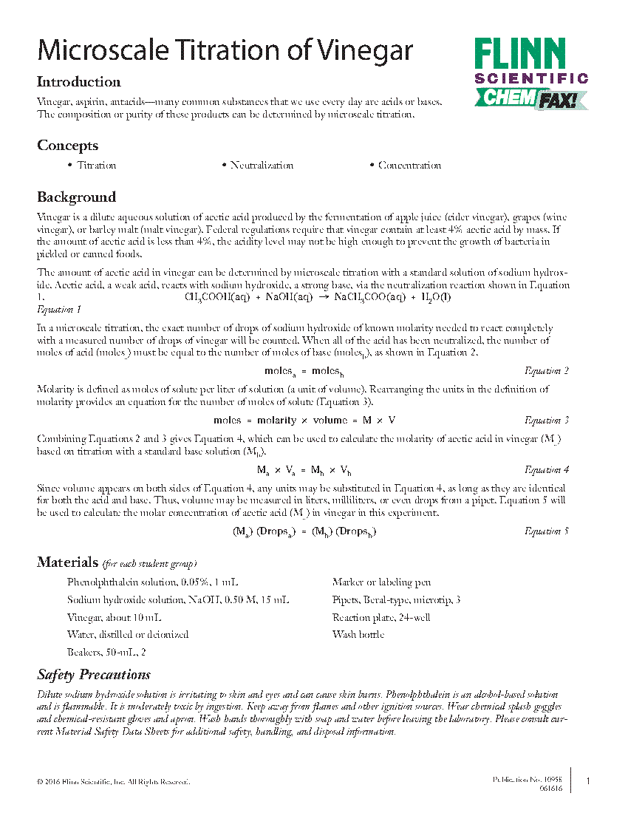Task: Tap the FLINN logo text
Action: (520, 55)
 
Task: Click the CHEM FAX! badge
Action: (530, 98)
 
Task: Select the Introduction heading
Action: (79, 82)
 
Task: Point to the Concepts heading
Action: (67, 146)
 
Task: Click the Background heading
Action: (76, 197)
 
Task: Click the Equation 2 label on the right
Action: (546, 371)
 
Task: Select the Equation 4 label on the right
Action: (546, 470)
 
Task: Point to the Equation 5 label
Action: (546, 531)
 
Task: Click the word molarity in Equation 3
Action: (276, 421)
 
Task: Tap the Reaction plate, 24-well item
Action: (381, 617)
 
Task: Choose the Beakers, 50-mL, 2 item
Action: (106, 651)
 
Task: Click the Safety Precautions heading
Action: (94, 675)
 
